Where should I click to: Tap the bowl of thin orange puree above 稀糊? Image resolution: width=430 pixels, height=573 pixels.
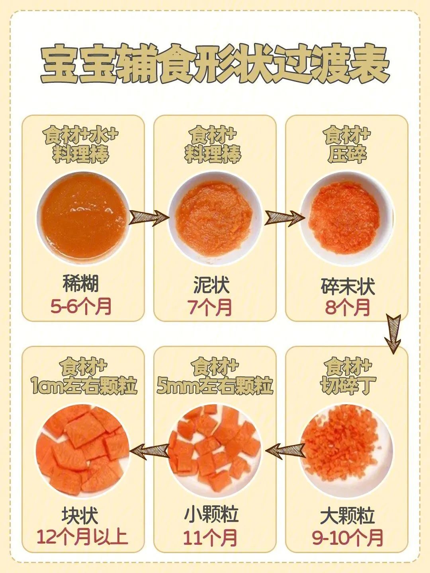click(x=83, y=218)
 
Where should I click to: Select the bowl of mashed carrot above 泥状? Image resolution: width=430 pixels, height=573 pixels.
click(x=215, y=218)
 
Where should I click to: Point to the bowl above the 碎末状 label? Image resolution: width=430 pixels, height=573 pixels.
click(x=346, y=218)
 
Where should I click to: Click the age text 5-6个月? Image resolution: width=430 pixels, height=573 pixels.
click(x=81, y=306)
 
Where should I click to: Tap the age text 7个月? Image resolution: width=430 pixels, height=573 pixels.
click(x=209, y=307)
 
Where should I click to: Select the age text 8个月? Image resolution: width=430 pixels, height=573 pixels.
click(x=348, y=307)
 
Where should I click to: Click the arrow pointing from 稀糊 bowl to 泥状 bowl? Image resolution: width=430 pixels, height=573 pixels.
click(x=149, y=217)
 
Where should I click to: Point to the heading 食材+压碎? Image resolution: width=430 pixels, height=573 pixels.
click(x=348, y=144)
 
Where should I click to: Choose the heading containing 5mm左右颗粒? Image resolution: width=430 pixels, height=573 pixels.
click(x=215, y=376)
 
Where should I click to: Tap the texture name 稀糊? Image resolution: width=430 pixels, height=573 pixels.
click(x=81, y=284)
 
